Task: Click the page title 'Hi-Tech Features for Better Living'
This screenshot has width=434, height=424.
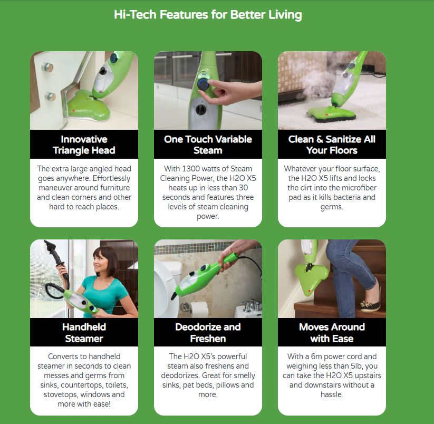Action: coord(208,15)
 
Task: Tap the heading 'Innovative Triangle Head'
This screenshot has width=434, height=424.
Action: coord(84,144)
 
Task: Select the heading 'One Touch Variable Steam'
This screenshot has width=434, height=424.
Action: coord(208,144)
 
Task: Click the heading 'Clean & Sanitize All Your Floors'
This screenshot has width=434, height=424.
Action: coord(332,144)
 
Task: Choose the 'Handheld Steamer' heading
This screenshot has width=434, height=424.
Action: coord(84,332)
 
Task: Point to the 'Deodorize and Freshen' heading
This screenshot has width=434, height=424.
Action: coord(208,332)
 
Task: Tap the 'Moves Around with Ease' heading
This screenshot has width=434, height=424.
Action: coord(332,332)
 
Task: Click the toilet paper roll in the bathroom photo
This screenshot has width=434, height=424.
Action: coord(199,309)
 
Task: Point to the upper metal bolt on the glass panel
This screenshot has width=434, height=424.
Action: coord(47,67)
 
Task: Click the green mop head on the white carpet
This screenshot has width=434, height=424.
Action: coord(332,114)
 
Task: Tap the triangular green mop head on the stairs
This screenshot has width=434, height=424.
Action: coord(311,278)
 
